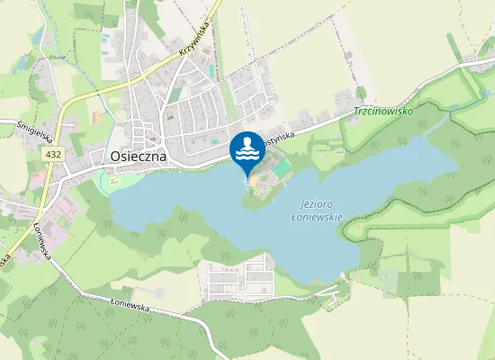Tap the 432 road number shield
tap(54, 155)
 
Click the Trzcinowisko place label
tap(382, 112)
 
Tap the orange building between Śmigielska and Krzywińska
tap(95, 118)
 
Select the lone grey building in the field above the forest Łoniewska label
tap(158, 292)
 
